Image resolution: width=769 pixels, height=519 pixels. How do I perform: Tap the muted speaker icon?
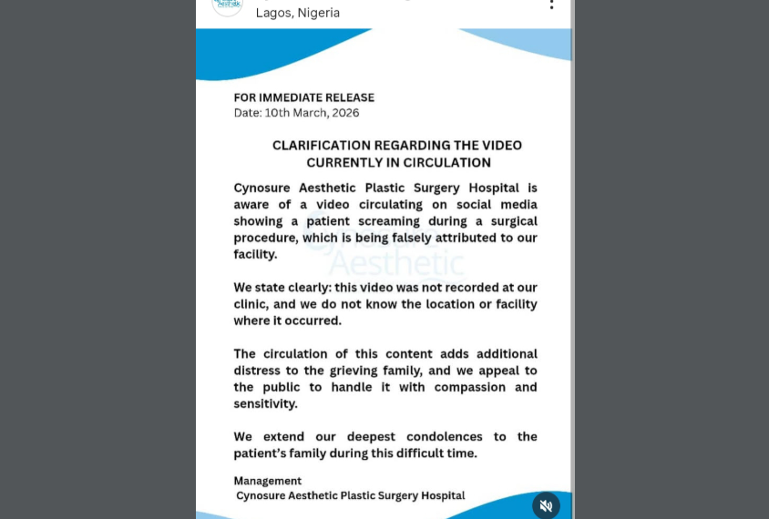pos(546,505)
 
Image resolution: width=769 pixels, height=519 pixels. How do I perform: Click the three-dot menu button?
pos(551,4)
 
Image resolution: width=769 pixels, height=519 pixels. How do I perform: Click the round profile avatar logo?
pos(228,5)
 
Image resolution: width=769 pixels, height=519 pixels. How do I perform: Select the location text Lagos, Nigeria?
pos(298,13)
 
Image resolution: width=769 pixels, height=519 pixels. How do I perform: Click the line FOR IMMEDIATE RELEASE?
pos(303,97)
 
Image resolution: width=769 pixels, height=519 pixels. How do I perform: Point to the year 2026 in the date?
pos(344,113)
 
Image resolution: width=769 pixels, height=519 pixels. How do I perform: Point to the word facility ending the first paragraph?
pos(254,254)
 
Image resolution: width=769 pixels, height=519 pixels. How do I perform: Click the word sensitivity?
pos(264,403)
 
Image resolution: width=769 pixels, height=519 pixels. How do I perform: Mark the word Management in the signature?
pos(267,481)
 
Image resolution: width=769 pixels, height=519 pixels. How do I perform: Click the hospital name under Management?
pos(351,495)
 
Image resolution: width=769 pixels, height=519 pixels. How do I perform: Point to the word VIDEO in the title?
pos(500,146)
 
